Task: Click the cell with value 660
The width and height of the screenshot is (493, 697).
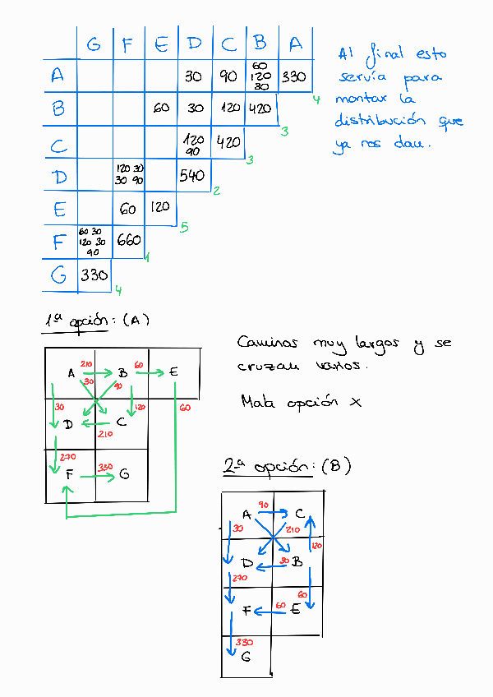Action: [x=129, y=241]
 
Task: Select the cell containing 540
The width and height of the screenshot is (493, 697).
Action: [x=191, y=175]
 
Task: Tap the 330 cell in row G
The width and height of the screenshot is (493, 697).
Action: [x=94, y=275]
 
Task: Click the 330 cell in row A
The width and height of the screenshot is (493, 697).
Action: [x=293, y=77]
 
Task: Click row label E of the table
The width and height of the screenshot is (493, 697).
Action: [x=58, y=209]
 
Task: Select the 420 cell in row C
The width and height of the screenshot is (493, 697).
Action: [x=228, y=142]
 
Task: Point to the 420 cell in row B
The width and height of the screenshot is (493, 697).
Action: [x=259, y=108]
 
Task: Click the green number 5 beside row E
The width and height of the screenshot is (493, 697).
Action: [x=184, y=227]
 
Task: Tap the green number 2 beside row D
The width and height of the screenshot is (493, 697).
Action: [x=215, y=192]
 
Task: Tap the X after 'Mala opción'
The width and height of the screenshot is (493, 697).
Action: [x=355, y=402]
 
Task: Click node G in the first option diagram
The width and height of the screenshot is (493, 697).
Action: [x=124, y=473]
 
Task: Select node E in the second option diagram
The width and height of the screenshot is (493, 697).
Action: [x=295, y=610]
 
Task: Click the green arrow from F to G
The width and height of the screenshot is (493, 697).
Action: [x=97, y=475]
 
